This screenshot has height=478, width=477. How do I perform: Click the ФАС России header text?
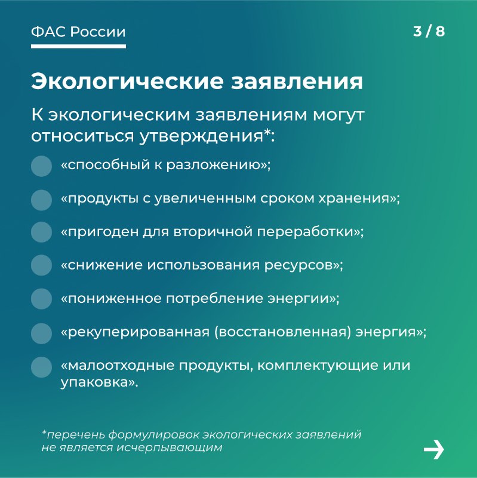tap(78, 32)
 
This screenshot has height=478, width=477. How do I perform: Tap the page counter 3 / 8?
tap(429, 32)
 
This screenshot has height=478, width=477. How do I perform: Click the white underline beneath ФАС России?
tap(78, 47)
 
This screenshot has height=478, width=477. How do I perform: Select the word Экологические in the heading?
tap(127, 81)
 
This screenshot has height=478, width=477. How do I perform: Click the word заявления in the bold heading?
tap(297, 82)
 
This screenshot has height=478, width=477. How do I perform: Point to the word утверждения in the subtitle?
tap(202, 136)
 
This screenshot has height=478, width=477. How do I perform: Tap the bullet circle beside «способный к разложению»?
tap(41, 166)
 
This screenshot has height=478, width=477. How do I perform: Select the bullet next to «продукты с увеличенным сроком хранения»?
tap(41, 200)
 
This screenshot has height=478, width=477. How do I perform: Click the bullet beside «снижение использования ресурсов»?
tap(41, 265)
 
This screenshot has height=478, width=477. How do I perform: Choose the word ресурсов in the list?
tap(298, 265)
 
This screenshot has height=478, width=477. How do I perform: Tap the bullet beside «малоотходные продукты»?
tap(41, 367)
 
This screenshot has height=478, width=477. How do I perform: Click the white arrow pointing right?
tap(434, 449)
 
